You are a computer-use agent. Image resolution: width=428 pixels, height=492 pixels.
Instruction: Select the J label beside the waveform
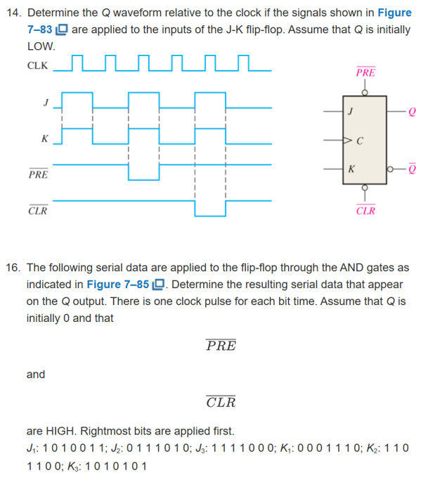45,103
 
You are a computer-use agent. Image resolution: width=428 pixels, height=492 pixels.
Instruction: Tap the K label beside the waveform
44,139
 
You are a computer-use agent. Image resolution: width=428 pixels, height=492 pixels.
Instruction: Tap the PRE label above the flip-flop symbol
365,72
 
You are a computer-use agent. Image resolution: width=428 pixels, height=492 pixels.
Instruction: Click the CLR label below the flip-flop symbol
365,210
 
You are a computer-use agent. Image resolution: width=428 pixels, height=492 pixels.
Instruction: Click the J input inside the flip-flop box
350,111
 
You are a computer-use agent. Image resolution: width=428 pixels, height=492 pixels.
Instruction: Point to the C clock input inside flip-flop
358,140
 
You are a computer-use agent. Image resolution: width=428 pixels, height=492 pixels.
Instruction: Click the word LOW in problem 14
40,46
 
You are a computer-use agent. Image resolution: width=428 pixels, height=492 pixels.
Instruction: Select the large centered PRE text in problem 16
221,346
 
